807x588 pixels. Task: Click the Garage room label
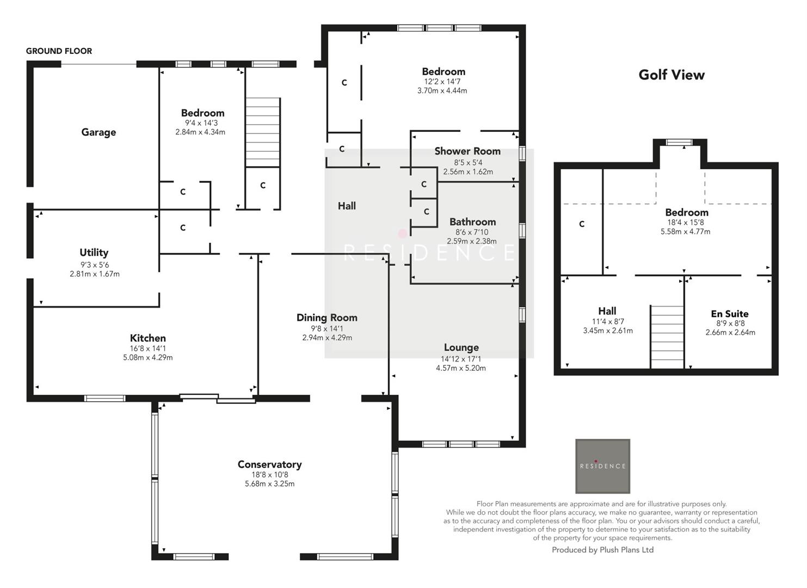[98, 132]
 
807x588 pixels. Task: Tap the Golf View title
[671, 75]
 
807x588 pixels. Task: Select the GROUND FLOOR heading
[59, 51]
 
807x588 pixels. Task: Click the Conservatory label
[269, 464]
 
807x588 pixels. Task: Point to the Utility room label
[94, 253]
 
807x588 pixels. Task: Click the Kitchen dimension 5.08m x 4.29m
[147, 358]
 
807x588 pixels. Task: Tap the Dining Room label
[327, 317]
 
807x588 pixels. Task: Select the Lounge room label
[461, 347]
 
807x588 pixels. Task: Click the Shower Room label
[467, 151]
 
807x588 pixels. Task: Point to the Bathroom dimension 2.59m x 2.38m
[471, 241]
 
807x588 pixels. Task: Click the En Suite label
[729, 314]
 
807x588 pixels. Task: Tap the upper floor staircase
[667, 336]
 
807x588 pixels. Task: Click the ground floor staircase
[263, 132]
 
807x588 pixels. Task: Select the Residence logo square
[602, 466]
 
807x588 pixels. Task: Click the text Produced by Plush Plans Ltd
[602, 550]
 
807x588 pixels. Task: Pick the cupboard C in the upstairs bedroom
[582, 224]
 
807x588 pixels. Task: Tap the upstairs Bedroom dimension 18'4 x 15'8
[685, 222]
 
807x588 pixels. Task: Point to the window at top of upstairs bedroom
[679, 143]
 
